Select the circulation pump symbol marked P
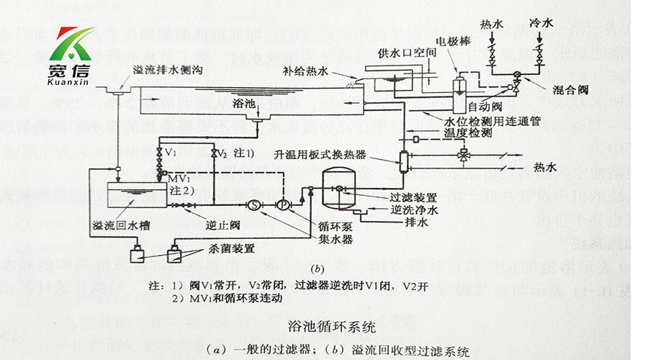click(282, 204)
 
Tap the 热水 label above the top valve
click(492, 23)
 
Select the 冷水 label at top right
click(540, 23)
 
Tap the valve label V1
click(171, 154)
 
